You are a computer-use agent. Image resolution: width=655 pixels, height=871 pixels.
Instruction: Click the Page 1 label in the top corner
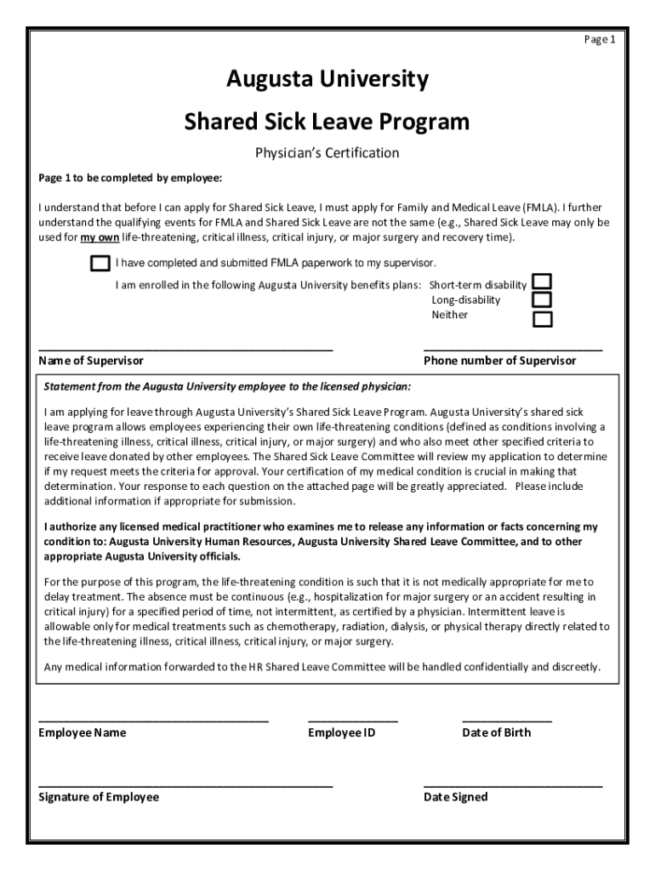pos(599,40)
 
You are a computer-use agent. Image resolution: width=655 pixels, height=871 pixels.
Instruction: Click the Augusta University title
pos(327,80)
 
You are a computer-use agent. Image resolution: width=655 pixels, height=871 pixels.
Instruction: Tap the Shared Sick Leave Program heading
pos(327,122)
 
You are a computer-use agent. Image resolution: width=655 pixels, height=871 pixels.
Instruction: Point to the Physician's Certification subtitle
pos(327,153)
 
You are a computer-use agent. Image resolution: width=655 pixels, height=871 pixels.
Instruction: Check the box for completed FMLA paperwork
pos(100,263)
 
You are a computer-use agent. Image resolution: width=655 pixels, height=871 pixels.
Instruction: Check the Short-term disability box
pos(542,282)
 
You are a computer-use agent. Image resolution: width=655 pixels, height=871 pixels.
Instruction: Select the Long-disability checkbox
pos(542,300)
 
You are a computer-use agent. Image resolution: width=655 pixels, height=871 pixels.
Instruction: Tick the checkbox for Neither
pos(542,320)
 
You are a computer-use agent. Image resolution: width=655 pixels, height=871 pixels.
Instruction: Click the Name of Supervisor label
pos(91,361)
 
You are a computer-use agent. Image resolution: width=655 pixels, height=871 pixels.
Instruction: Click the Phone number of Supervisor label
pos(499,361)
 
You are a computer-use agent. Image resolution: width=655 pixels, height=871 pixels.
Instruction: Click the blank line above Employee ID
pos(352,720)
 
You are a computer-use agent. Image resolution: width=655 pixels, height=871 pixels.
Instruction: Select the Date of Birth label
pos(496,732)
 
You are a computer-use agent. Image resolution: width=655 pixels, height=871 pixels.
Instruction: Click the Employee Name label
pos(83,732)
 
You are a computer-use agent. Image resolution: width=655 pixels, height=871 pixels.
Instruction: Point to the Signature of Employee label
pos(99,797)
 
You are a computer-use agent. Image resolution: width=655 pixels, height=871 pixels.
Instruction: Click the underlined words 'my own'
pos(100,237)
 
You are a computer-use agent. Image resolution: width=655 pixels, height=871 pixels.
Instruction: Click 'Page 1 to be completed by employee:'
pos(130,179)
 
